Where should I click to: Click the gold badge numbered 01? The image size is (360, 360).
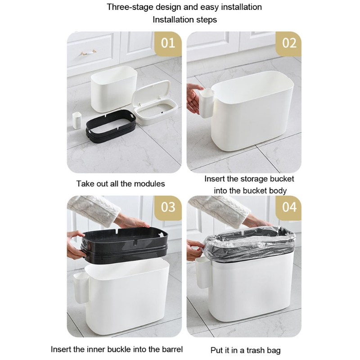(168, 44)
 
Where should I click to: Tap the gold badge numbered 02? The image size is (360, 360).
(289, 44)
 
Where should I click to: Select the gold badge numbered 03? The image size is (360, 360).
(168, 208)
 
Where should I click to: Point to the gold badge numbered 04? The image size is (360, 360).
(289, 208)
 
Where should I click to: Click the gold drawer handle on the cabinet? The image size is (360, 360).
(88, 52)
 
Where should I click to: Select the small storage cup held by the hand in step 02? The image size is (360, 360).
(207, 103)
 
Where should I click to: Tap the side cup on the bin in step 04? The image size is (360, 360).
(202, 273)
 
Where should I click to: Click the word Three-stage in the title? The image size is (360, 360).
(130, 7)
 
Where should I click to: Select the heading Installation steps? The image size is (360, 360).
(185, 20)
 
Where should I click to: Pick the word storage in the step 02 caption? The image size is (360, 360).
(252, 179)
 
